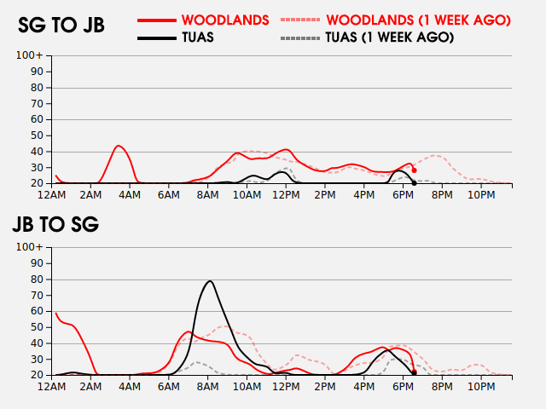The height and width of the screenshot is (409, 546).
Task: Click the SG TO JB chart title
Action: pyautogui.click(x=61, y=26)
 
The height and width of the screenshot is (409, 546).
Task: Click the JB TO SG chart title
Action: pyautogui.click(x=55, y=225)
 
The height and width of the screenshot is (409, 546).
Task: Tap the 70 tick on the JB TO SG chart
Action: pyautogui.click(x=37, y=295)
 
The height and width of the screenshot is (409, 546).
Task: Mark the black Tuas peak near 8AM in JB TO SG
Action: pyautogui.click(x=210, y=280)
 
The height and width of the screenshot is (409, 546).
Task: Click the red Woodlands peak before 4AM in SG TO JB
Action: pyautogui.click(x=119, y=146)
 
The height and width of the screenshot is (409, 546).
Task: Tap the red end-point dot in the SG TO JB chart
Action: pyautogui.click(x=415, y=170)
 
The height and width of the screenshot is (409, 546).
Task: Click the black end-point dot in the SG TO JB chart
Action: pyautogui.click(x=415, y=182)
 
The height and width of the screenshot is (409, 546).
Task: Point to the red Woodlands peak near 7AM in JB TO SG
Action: pyautogui.click(x=189, y=331)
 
